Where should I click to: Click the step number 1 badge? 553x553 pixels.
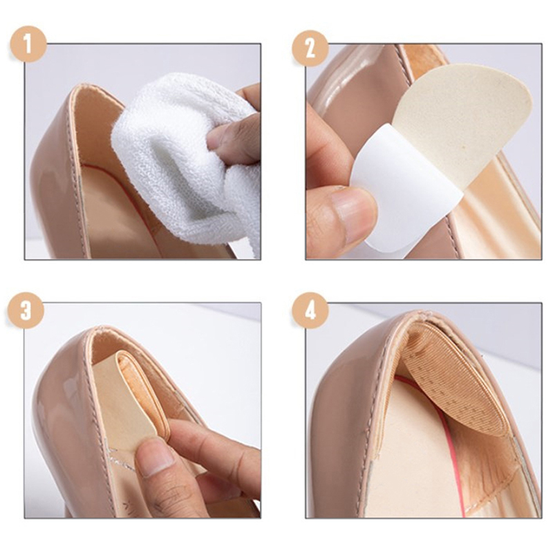(x=28, y=44)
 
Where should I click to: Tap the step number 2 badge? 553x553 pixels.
(x=310, y=48)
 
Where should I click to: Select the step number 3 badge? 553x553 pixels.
(x=26, y=310)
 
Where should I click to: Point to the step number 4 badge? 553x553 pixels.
(x=310, y=311)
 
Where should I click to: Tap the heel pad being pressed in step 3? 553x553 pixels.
(x=131, y=399)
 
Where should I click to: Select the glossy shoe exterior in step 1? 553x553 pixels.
(x=57, y=176)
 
